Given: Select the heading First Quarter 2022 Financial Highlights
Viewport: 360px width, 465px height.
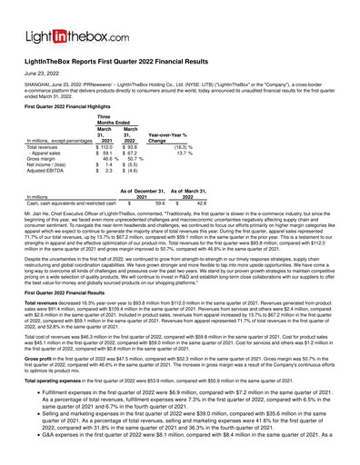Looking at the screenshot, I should (x=74, y=107).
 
